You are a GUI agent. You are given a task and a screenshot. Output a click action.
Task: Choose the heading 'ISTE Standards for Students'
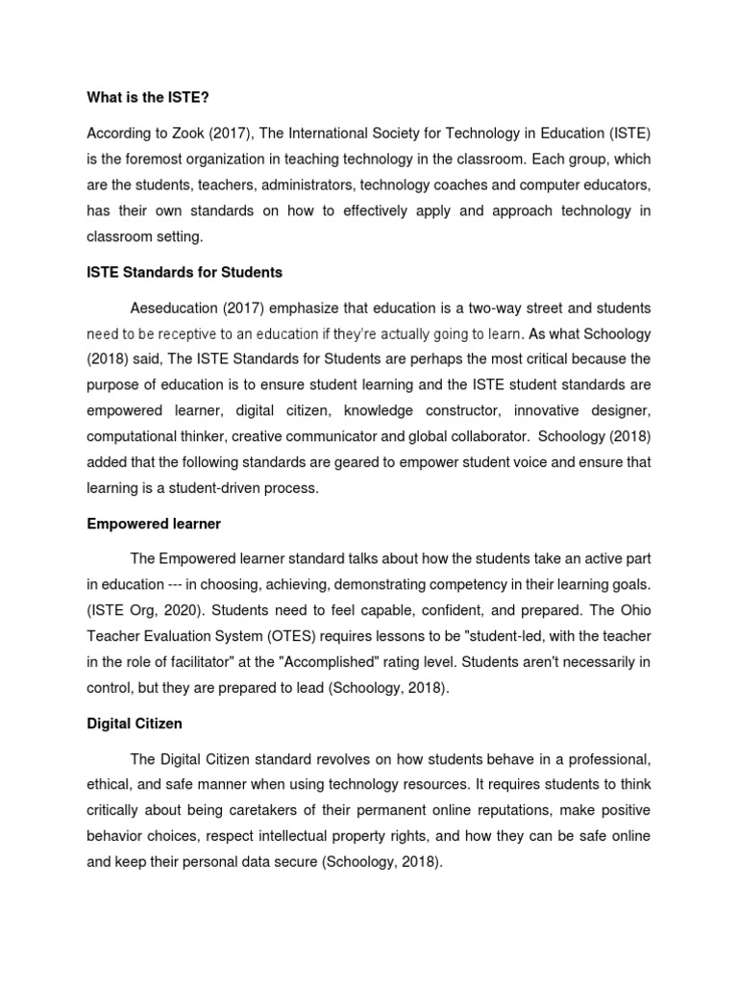pyautogui.click(x=185, y=272)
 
